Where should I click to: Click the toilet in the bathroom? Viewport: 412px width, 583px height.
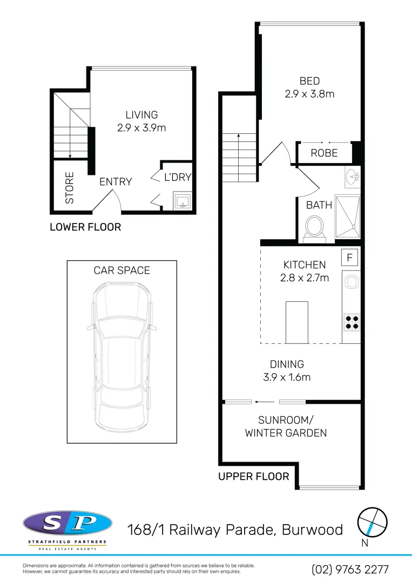[x=314, y=227]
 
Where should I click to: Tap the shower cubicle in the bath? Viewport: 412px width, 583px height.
[x=347, y=216]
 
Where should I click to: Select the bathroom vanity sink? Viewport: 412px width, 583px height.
[x=352, y=175]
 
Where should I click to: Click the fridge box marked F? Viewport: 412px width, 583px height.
[x=349, y=258]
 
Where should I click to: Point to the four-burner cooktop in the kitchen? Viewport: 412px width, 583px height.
[x=352, y=322]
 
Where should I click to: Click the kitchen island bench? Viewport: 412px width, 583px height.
[x=296, y=322]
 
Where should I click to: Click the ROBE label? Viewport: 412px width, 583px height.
[x=324, y=153]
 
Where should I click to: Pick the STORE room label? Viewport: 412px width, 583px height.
[x=70, y=188]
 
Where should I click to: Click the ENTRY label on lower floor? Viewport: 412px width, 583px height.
[x=116, y=181]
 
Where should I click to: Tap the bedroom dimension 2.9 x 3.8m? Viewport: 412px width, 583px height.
[x=309, y=94]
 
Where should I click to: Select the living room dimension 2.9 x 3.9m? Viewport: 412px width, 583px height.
[x=141, y=128]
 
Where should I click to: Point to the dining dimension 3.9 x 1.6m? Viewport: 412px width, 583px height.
[x=287, y=377]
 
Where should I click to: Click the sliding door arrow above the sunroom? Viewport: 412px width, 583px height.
[x=265, y=401]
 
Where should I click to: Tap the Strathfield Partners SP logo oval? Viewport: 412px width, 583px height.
[x=67, y=523]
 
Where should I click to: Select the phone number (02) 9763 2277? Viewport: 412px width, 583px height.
[x=350, y=570]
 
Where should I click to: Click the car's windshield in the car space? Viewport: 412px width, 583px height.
[x=121, y=328]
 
